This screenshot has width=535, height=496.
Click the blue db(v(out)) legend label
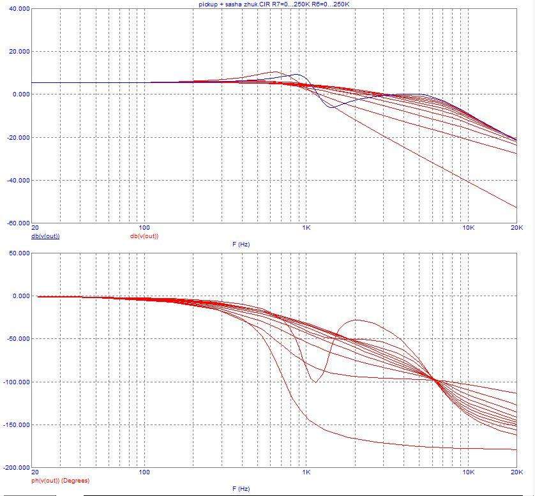point(45,236)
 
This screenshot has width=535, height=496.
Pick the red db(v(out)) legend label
point(144,236)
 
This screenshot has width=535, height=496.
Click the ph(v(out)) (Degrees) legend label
point(60,481)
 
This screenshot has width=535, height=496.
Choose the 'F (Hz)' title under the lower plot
point(241,488)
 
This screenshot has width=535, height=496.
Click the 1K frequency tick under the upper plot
point(306,228)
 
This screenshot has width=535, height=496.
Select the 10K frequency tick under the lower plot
point(469,472)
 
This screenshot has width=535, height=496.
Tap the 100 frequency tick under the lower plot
point(144,472)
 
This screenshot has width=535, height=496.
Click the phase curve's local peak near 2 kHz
point(355,320)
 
